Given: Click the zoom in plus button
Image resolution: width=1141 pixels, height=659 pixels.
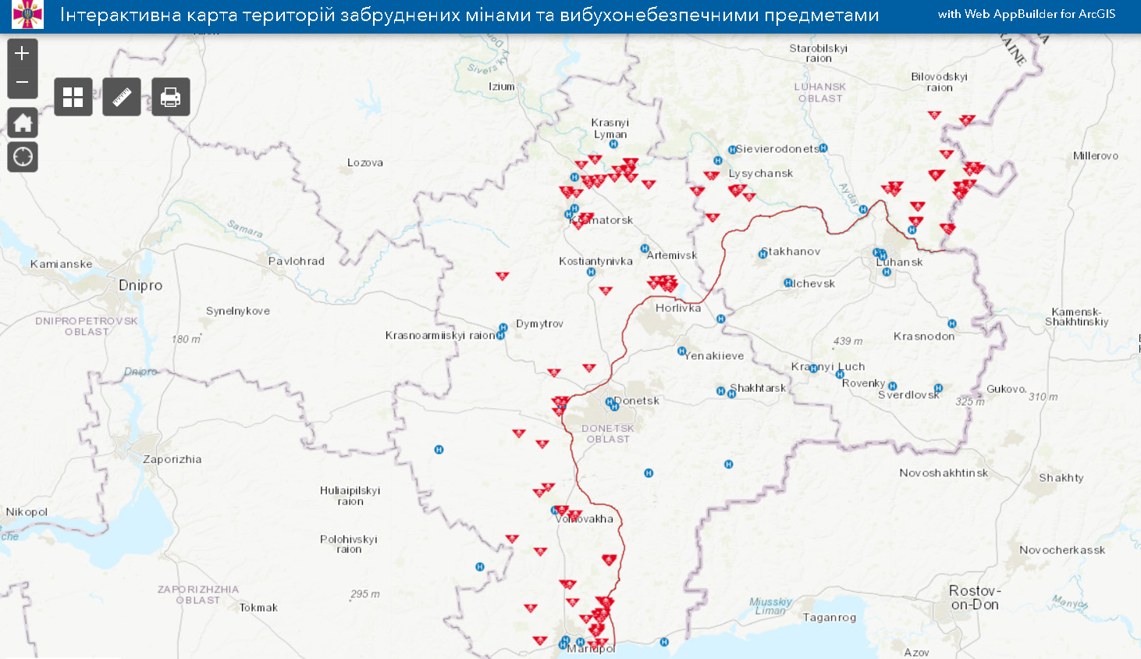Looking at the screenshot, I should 23,53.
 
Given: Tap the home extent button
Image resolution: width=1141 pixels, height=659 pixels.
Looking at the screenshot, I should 23,123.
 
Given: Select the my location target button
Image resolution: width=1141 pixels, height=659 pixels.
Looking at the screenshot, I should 23,157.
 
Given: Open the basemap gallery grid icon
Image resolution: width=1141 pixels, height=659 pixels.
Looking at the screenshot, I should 73,98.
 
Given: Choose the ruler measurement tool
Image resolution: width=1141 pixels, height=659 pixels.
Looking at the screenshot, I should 122,98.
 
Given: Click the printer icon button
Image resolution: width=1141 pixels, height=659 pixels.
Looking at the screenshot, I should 170,98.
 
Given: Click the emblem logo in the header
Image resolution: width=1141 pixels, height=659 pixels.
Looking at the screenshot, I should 28,15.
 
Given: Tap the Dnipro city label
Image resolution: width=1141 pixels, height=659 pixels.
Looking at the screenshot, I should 140,286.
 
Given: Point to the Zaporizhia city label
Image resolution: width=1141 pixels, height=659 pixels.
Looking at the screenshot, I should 172,459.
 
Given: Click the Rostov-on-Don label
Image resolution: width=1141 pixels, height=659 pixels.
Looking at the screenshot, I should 974,597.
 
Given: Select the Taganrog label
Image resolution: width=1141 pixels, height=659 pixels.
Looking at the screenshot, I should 830,618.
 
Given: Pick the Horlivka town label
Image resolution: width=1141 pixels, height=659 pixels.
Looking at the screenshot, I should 678,308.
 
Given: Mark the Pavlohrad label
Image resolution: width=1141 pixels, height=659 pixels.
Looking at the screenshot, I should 296,261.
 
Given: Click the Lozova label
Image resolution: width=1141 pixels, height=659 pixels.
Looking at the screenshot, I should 364,162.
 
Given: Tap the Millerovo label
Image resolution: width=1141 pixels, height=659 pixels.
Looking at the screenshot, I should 1095,155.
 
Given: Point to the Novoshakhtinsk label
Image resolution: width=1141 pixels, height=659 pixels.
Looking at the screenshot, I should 943,472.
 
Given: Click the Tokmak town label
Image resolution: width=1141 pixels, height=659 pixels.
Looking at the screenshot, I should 258,607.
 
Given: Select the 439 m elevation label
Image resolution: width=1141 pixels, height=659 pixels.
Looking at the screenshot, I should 848,340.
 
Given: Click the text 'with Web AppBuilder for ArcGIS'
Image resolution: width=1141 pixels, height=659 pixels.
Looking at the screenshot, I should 1026,14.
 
